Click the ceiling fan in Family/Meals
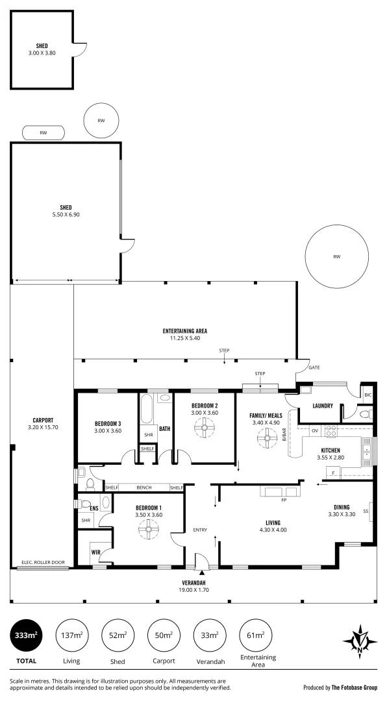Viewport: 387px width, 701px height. (x=265, y=439)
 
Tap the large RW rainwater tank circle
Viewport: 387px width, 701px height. (x=336, y=257)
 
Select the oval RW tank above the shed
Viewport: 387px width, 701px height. (x=44, y=133)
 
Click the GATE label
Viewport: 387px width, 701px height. (x=314, y=367)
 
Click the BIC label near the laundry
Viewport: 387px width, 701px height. (x=368, y=395)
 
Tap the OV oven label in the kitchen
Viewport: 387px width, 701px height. (x=314, y=430)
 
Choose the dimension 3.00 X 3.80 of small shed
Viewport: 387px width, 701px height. (x=43, y=53)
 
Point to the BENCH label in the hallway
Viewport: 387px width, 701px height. (x=144, y=487)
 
